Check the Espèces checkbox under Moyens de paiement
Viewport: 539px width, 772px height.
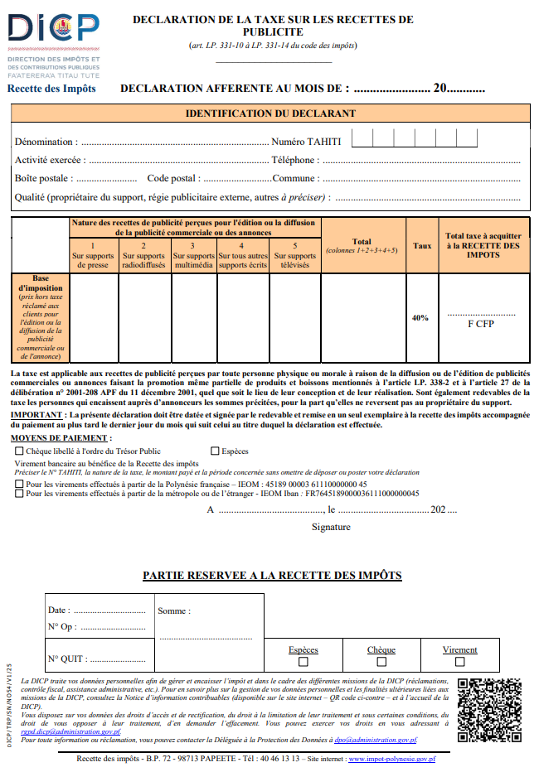coord(215,451)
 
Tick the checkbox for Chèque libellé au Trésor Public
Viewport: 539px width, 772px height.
coord(19,451)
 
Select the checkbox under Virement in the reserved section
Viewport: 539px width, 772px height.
coord(459,662)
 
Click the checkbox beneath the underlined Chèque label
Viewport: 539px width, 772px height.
coord(381,662)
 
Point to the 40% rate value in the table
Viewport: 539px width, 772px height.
coord(420,318)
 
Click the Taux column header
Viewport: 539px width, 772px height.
coord(422,245)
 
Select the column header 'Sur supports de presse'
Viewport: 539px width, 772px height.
coord(93,256)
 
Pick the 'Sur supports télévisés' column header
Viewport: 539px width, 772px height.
coord(294,256)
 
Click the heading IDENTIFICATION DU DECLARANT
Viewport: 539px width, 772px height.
coord(270,113)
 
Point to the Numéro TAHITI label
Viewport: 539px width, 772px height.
coord(305,142)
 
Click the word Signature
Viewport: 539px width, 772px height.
coord(331,527)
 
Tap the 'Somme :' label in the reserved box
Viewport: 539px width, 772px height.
coord(173,611)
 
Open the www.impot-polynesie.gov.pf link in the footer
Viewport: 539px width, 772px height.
coord(391,759)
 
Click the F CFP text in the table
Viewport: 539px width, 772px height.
coord(480,324)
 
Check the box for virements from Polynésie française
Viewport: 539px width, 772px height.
coord(19,484)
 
